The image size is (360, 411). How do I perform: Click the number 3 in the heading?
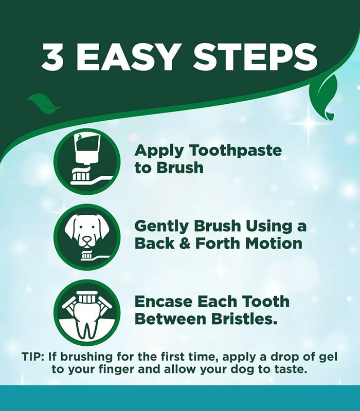pyautogui.click(x=52, y=57)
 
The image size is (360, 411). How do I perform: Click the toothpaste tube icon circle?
pyautogui.click(x=87, y=161)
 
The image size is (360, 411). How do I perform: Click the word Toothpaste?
pyautogui.click(x=236, y=151)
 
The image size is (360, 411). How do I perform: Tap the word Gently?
pyautogui.click(x=161, y=227)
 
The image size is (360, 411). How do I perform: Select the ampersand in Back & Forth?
pyautogui.click(x=186, y=244)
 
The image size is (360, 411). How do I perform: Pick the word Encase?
pyautogui.click(x=163, y=302)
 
